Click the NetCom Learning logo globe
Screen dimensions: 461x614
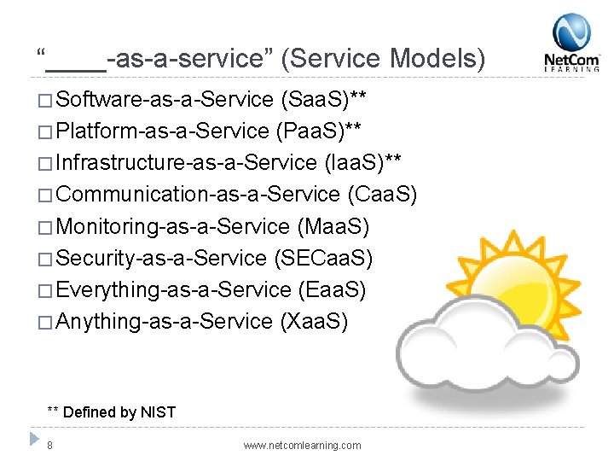click(x=571, y=32)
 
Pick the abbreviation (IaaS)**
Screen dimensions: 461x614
click(x=364, y=163)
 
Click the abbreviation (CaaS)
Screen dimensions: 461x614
click(x=382, y=195)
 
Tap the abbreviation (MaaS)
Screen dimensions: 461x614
click(x=333, y=226)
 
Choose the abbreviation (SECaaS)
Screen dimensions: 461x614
click(x=323, y=258)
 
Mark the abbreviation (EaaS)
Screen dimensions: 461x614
click(x=332, y=289)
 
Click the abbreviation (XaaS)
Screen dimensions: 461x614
click(x=314, y=321)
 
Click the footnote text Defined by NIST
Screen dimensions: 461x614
click(x=119, y=412)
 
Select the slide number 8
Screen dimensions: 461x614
click(x=50, y=445)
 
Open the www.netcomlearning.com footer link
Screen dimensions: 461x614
click(x=302, y=445)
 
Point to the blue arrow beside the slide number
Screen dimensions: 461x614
click(x=32, y=441)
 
